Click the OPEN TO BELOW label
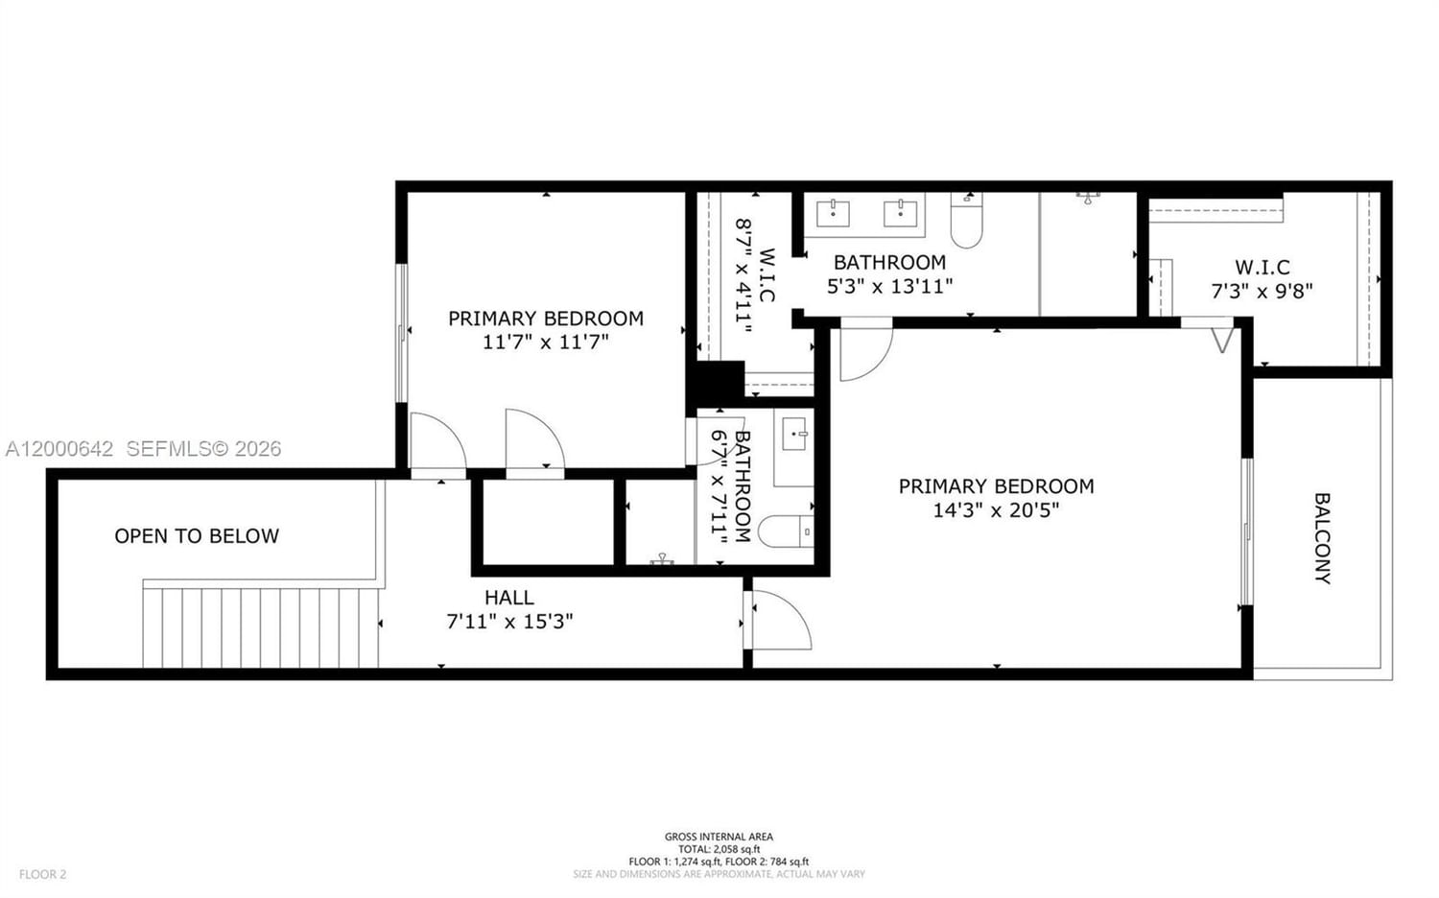197,536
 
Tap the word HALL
509,598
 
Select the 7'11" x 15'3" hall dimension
509,622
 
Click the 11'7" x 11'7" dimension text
545,343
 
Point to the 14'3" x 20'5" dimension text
996,510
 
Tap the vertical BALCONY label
1322,538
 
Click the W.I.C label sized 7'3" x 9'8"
1262,268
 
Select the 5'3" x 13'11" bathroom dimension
889,286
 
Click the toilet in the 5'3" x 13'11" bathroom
966,222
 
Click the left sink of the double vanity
833,213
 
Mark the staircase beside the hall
261,627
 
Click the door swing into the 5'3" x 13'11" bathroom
863,351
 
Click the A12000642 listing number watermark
59,448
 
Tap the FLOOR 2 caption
43,874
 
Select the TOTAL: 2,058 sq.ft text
719,849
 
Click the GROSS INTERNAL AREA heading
719,837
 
